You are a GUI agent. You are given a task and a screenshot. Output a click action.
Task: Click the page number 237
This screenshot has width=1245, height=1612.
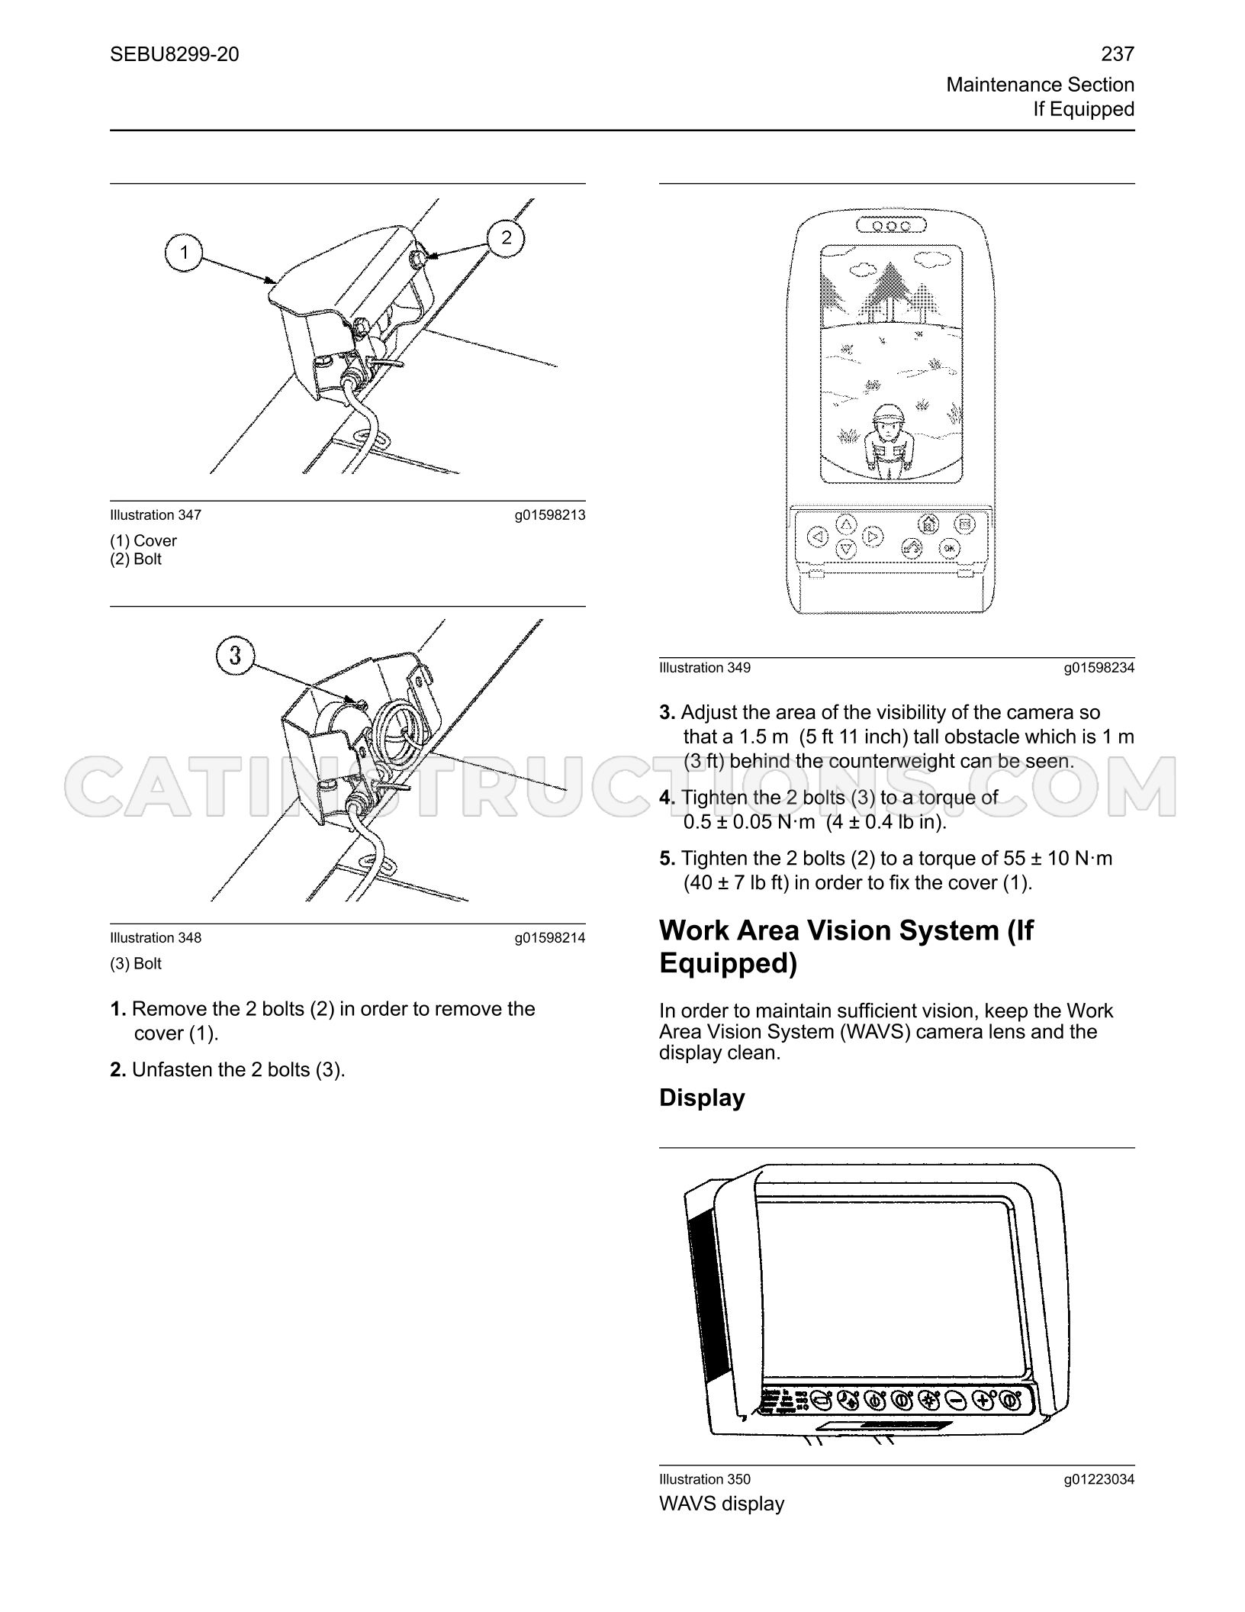pyautogui.click(x=1118, y=54)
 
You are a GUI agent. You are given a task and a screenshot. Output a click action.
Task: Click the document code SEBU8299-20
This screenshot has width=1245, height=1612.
pyautogui.click(x=175, y=54)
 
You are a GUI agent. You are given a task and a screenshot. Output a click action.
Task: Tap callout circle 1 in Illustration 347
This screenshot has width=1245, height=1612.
pyautogui.click(x=184, y=252)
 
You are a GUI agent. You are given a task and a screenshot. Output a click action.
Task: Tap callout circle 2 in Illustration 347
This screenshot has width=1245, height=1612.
pyautogui.click(x=507, y=238)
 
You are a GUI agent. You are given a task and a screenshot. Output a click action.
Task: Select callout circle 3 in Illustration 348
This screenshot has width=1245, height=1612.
pyautogui.click(x=236, y=656)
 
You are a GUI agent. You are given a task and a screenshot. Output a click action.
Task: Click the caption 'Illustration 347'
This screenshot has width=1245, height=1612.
pyautogui.click(x=156, y=515)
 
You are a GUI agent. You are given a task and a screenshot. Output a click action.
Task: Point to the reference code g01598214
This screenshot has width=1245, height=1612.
pyautogui.click(x=550, y=938)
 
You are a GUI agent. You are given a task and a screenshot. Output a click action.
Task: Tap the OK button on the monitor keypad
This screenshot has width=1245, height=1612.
pyautogui.click(x=948, y=547)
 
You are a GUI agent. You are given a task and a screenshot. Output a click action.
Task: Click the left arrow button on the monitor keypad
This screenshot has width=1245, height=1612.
pyautogui.click(x=818, y=537)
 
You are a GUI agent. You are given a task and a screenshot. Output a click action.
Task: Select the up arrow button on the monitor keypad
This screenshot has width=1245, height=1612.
pyautogui.click(x=847, y=524)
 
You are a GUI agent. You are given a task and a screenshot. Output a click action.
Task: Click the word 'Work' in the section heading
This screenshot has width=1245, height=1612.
pyautogui.click(x=693, y=930)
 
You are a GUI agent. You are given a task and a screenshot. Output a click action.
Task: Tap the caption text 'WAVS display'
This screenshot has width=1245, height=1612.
pyautogui.click(x=722, y=1504)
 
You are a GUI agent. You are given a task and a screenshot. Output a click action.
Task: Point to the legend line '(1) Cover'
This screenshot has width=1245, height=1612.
pyautogui.click(x=143, y=540)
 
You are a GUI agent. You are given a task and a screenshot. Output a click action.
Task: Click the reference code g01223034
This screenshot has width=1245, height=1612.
pyautogui.click(x=1099, y=1479)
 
